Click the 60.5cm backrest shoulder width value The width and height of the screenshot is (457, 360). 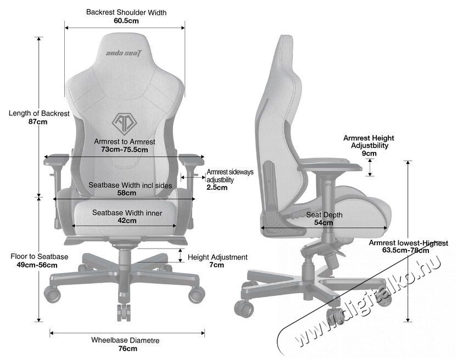(x=126, y=21)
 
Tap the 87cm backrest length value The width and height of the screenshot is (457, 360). (x=38, y=121)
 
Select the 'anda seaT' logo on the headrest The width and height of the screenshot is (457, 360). (x=125, y=53)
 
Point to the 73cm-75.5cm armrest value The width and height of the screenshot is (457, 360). (x=125, y=150)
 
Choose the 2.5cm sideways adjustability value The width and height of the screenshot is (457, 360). (x=217, y=187)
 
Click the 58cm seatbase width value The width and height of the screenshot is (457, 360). (x=127, y=193)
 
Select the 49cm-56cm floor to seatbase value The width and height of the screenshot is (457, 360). (x=37, y=265)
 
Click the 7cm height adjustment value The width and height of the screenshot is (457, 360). (x=216, y=265)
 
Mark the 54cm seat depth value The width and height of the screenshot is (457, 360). (x=324, y=222)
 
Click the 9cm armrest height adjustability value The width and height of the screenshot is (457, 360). (x=369, y=153)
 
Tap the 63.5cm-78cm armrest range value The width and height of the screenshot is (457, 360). (x=405, y=250)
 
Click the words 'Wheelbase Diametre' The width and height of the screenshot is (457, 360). (x=125, y=340)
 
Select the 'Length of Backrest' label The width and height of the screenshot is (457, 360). (x=39, y=113)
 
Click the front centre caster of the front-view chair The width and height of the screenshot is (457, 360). (x=123, y=312)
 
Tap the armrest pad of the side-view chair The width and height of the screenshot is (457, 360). (x=330, y=168)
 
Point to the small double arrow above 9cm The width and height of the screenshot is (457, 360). (x=370, y=167)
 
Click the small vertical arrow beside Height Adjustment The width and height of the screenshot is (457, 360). (x=180, y=255)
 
